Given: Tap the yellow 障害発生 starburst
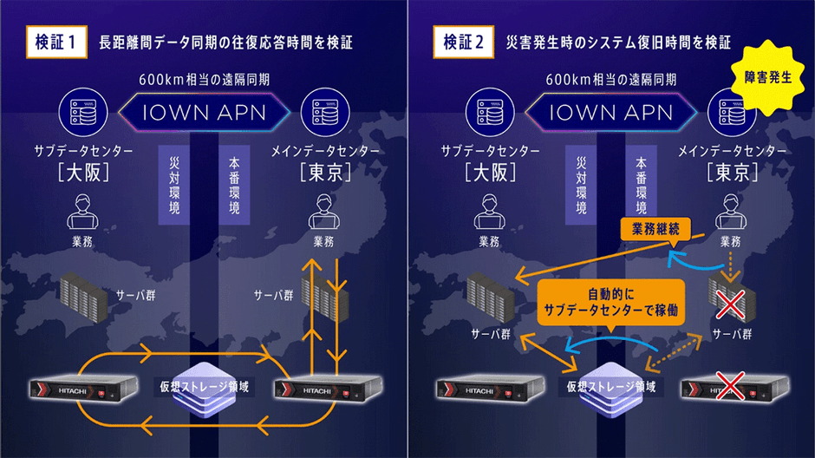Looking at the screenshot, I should pyautogui.click(x=768, y=77).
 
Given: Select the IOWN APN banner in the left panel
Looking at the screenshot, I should pyautogui.click(x=204, y=111).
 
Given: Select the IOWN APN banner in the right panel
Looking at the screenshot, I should pyautogui.click(x=611, y=111).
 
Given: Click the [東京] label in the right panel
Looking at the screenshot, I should pyautogui.click(x=727, y=173).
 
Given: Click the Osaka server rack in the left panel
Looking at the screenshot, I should pyautogui.click(x=84, y=295).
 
